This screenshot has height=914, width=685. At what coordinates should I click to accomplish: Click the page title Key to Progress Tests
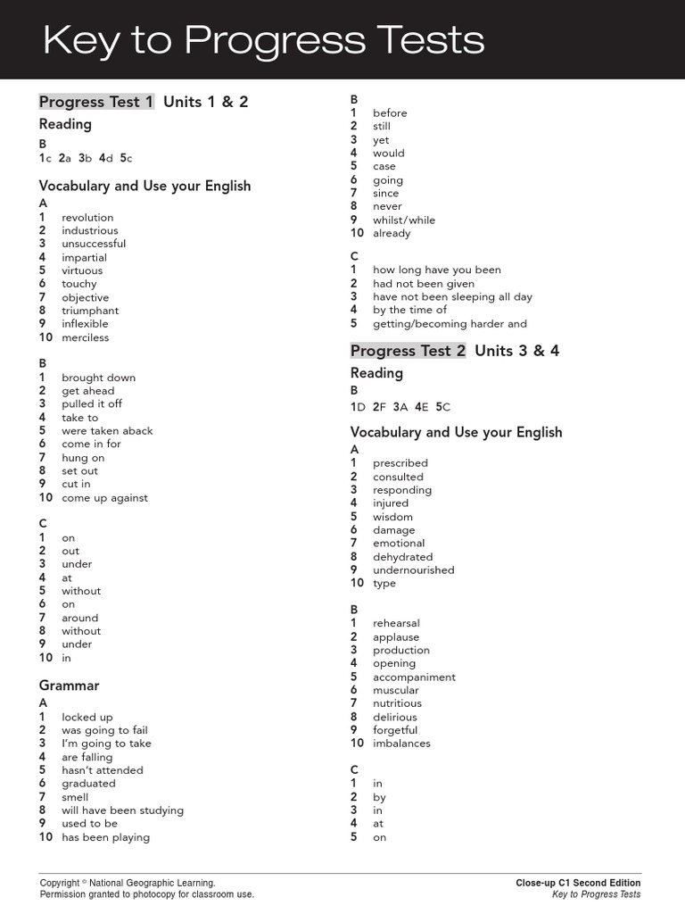(x=264, y=40)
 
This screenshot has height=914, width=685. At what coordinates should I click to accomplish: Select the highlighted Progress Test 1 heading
(x=96, y=102)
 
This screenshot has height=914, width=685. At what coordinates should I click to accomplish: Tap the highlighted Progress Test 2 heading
(x=408, y=351)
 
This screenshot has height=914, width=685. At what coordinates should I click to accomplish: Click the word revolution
(x=87, y=217)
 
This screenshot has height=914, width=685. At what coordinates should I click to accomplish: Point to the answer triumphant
(x=90, y=311)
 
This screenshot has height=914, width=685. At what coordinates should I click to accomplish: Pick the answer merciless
(x=86, y=337)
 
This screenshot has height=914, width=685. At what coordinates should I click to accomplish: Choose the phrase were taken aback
(x=107, y=430)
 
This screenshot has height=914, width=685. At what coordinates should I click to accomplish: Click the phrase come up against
(x=105, y=498)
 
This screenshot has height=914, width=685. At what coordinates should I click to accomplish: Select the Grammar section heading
(x=69, y=685)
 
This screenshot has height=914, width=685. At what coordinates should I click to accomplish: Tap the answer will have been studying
(x=123, y=810)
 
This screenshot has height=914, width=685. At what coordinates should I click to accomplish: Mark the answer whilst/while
(x=404, y=220)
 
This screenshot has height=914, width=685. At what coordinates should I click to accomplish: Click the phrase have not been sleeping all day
(x=452, y=296)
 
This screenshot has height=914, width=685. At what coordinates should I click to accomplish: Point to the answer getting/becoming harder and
(x=450, y=323)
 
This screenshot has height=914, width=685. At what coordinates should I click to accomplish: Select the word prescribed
(x=400, y=463)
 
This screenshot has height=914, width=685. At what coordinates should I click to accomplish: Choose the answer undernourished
(x=414, y=569)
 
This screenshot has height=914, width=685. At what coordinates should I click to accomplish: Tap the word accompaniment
(x=414, y=677)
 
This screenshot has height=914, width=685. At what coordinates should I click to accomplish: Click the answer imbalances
(x=401, y=743)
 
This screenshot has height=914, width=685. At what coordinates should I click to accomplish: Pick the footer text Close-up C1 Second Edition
(x=578, y=883)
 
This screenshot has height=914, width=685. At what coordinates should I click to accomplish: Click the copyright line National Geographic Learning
(x=128, y=883)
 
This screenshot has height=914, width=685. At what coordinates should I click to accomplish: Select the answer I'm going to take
(x=106, y=744)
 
